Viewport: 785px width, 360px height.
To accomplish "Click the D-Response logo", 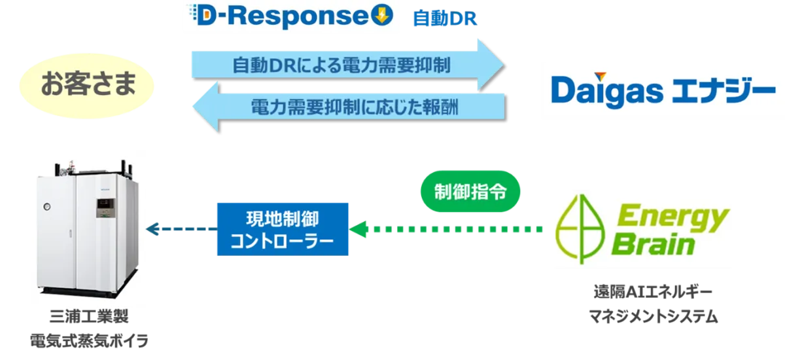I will click(290, 18).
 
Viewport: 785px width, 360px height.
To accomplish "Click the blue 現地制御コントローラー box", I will click(283, 229).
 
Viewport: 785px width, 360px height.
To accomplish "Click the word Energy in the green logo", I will click(674, 216).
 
